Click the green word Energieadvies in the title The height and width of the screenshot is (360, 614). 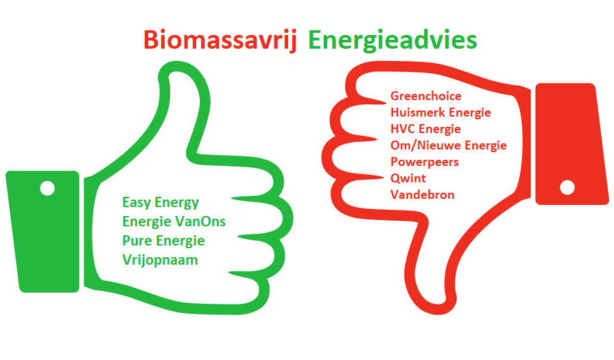(x=392, y=40)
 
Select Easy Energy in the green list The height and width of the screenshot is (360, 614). (x=161, y=203)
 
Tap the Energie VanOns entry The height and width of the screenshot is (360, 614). (x=174, y=222)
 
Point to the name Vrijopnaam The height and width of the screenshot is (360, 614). (x=160, y=260)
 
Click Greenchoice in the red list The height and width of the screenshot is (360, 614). (x=425, y=96)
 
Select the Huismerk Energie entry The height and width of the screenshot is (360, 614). (x=440, y=112)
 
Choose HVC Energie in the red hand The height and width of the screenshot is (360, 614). (x=425, y=129)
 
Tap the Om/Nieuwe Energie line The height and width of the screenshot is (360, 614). (x=449, y=145)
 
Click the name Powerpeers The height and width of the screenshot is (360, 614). (x=425, y=162)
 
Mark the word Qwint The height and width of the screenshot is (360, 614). (x=408, y=178)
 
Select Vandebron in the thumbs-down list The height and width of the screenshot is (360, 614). (x=422, y=195)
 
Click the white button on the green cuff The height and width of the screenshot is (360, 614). (x=47, y=188)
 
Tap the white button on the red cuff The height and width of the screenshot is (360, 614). (x=567, y=187)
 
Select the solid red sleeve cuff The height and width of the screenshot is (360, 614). (x=571, y=144)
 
